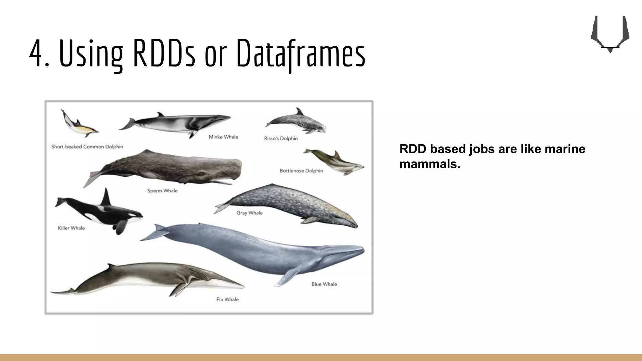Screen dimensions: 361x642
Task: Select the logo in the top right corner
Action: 610,34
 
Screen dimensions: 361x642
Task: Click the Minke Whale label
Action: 224,137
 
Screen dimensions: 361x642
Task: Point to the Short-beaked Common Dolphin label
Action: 87,147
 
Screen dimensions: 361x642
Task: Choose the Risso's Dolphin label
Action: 281,139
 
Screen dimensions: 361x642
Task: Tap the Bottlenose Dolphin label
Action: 301,171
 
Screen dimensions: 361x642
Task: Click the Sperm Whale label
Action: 162,191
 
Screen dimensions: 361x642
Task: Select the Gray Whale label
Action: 250,213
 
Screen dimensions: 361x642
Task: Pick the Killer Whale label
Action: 71,228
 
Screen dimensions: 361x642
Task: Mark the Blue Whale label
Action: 324,284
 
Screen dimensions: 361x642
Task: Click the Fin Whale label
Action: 228,300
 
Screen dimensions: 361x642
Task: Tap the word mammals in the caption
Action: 429,164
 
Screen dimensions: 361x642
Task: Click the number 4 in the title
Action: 36,53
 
